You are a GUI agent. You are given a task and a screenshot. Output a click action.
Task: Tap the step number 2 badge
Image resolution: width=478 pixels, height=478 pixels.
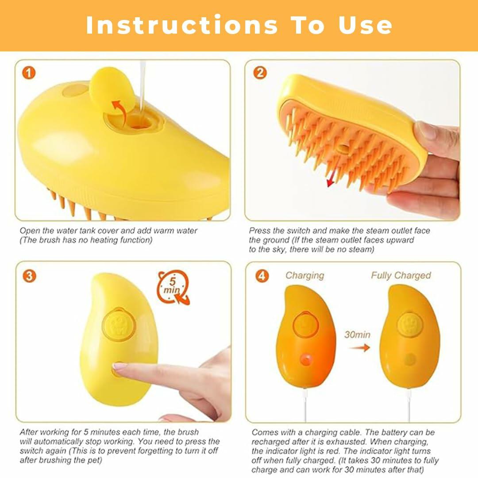260,73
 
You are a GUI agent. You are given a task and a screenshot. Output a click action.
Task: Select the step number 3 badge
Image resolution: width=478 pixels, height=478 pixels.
29,276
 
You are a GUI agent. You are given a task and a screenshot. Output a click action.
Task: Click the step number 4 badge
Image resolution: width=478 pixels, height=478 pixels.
262,276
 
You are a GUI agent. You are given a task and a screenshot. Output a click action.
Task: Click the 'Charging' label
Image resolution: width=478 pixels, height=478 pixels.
305,275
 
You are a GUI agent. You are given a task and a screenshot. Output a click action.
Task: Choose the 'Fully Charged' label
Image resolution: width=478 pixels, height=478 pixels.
401,275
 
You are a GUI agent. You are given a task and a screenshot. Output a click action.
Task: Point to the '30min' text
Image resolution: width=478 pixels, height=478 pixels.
358,335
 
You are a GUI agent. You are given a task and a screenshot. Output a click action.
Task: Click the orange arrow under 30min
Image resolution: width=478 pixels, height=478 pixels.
360,348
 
